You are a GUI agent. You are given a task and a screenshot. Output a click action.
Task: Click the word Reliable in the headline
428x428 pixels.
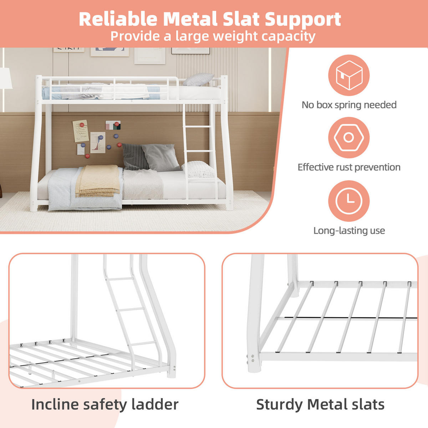118,19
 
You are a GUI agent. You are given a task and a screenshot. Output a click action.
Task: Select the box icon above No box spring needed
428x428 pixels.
349,75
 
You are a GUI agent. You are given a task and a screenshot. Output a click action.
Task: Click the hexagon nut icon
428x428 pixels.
349,137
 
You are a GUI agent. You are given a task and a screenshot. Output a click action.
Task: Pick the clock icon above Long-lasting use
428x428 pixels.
349,201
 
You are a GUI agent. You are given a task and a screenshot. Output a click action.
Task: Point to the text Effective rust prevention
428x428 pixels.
349,167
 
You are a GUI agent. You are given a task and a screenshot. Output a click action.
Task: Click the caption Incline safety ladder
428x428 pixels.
105,404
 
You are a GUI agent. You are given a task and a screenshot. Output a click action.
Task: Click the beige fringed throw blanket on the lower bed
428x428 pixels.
98,180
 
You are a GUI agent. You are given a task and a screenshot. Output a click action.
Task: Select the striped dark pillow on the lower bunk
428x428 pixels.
134,157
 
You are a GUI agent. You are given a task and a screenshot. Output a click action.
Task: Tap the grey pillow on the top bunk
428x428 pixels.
198,79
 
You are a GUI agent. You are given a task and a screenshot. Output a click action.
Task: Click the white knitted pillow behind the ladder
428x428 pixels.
198,169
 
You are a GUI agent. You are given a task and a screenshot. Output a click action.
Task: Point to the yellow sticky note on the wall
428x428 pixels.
81,131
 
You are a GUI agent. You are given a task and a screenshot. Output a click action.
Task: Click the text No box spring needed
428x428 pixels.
349,105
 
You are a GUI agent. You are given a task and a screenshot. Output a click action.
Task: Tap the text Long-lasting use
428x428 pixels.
349,231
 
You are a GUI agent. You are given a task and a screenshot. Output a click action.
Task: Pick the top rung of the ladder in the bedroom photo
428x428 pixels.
198,127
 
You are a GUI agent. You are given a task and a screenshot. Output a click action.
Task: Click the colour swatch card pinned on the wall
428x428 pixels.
113,125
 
